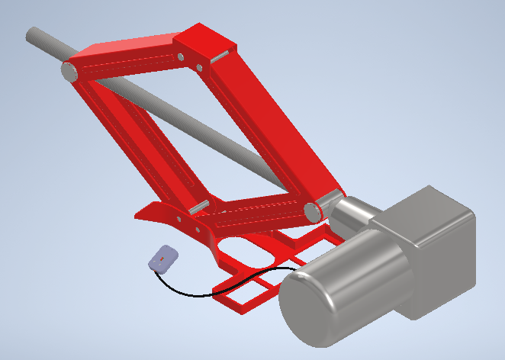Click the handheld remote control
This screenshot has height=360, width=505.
tap(164, 259)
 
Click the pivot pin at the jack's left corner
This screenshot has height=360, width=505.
tap(69, 72)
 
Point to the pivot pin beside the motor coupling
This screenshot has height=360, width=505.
tap(312, 211)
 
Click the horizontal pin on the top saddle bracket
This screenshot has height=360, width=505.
tap(220, 56)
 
